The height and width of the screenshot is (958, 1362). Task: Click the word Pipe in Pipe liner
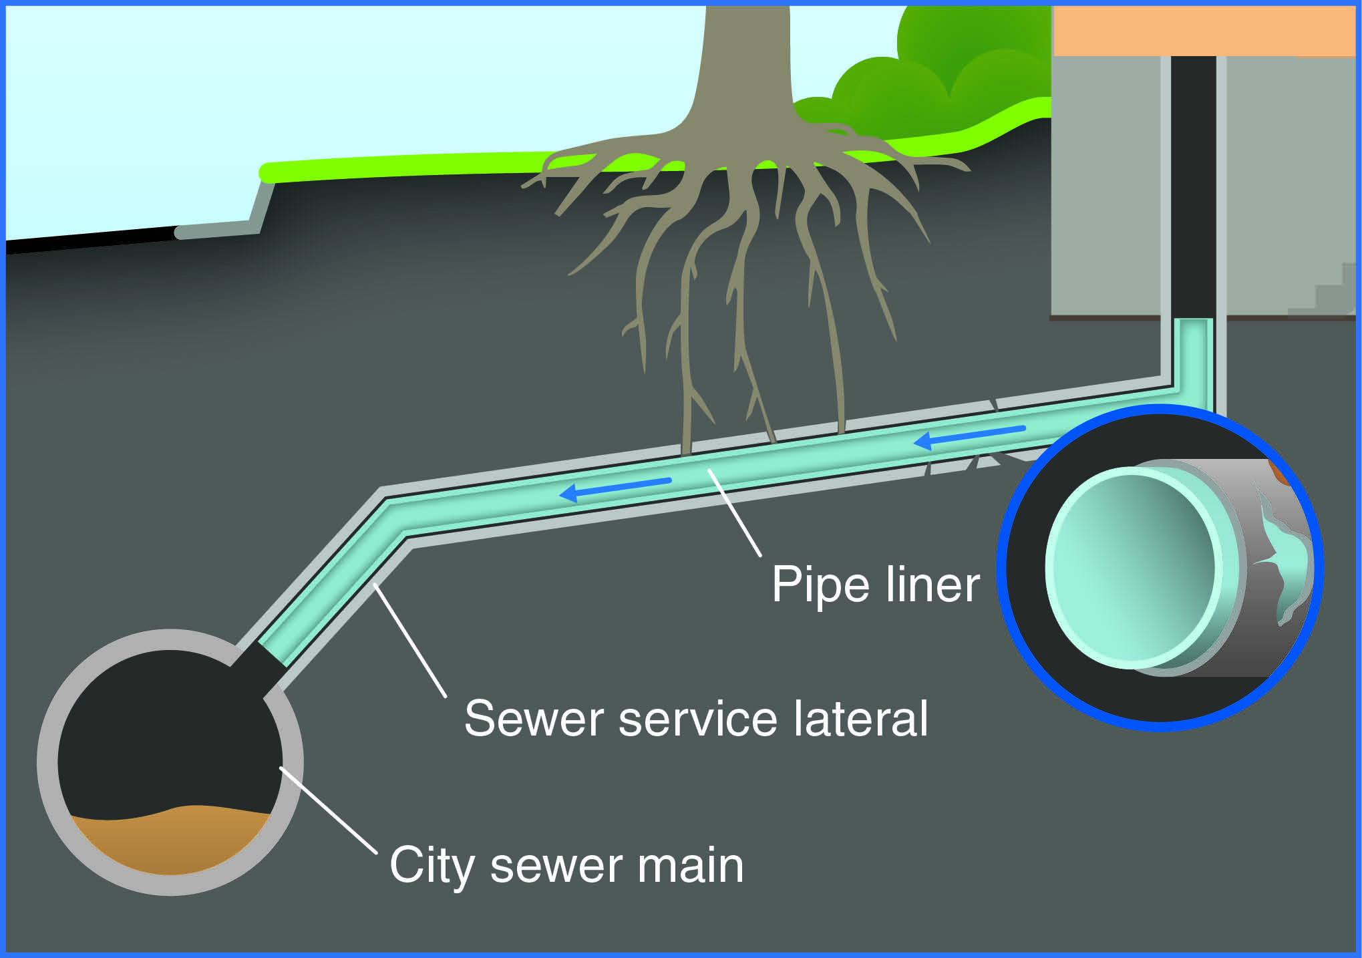pyautogui.click(x=822, y=585)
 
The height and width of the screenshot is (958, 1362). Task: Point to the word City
pyautogui.click(x=432, y=866)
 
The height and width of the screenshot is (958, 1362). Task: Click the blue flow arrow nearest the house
pyautogui.click(x=969, y=435)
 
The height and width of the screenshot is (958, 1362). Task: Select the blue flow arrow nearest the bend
pyautogui.click(x=615, y=488)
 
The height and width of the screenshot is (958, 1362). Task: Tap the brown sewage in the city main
pyautogui.click(x=170, y=842)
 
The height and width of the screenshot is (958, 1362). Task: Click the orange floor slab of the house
pyautogui.click(x=1202, y=30)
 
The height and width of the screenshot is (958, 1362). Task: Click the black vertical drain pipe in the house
pyautogui.click(x=1193, y=187)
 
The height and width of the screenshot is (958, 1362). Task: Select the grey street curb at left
pyautogui.click(x=220, y=228)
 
